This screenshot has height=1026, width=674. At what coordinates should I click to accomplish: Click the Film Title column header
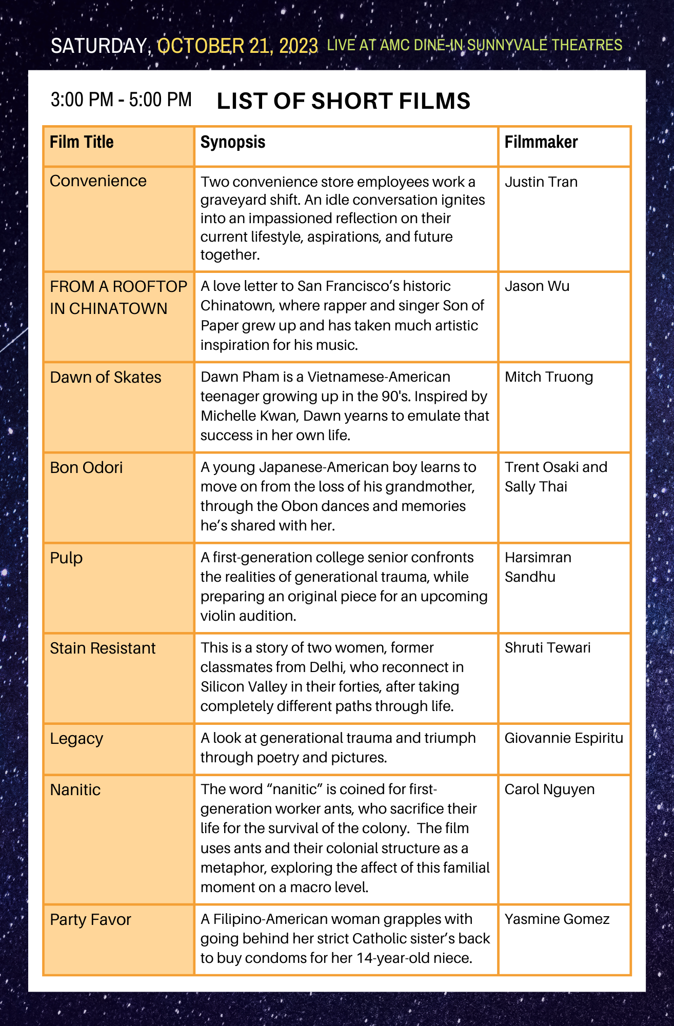tap(82, 142)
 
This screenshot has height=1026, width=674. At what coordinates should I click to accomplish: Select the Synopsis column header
tap(233, 142)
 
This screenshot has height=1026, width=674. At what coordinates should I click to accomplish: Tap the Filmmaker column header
tap(541, 142)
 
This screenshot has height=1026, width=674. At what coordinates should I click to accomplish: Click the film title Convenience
tap(98, 181)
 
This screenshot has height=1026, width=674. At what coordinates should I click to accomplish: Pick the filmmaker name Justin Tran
tap(541, 182)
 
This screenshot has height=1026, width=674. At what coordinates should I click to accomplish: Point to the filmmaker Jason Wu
tap(537, 286)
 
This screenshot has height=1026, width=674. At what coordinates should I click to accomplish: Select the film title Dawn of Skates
tap(106, 378)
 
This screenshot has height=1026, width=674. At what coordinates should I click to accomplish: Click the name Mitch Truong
tap(549, 377)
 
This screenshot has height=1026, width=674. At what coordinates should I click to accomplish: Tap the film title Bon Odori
tap(86, 468)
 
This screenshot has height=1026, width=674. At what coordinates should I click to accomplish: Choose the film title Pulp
tap(66, 558)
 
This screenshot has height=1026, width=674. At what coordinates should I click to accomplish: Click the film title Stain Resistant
tap(103, 648)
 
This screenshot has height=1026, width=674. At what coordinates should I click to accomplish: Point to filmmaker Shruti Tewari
tap(547, 648)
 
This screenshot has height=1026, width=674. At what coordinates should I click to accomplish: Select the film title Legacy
tap(76, 739)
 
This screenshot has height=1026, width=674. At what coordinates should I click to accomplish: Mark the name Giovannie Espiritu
tap(564, 738)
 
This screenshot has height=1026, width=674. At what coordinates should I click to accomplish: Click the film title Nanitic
tap(75, 790)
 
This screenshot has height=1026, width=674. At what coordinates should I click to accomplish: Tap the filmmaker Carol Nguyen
tap(549, 790)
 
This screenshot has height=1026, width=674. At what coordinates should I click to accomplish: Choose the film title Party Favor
tap(90, 920)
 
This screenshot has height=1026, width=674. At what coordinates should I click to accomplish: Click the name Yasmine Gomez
tap(557, 919)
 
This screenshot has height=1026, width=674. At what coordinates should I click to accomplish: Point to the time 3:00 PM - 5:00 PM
tap(121, 100)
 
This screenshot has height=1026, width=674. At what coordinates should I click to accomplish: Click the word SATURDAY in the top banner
tap(99, 46)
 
